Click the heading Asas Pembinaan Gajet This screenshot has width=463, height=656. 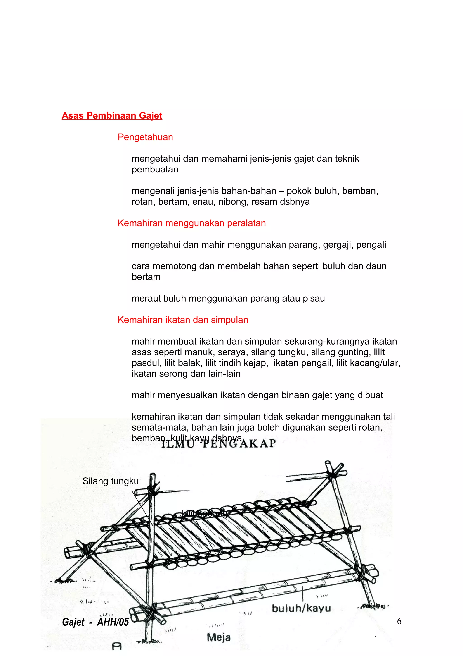pos(112,116)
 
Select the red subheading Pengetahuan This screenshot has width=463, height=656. pos(145,137)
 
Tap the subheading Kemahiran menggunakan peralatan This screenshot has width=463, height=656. pos(191,223)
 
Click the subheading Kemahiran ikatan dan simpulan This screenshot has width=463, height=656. pos(183,320)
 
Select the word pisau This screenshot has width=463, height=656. pos(314,299)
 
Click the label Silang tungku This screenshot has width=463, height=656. pos(110,481)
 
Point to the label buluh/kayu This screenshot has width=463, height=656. pos(301,608)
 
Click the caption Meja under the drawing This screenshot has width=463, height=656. pos(219,637)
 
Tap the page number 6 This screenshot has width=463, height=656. pos(399,621)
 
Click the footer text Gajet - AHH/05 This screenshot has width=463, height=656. pos(95,622)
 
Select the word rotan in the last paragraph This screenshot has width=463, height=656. pos(370,428)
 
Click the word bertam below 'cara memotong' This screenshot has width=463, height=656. pos(146,277)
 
